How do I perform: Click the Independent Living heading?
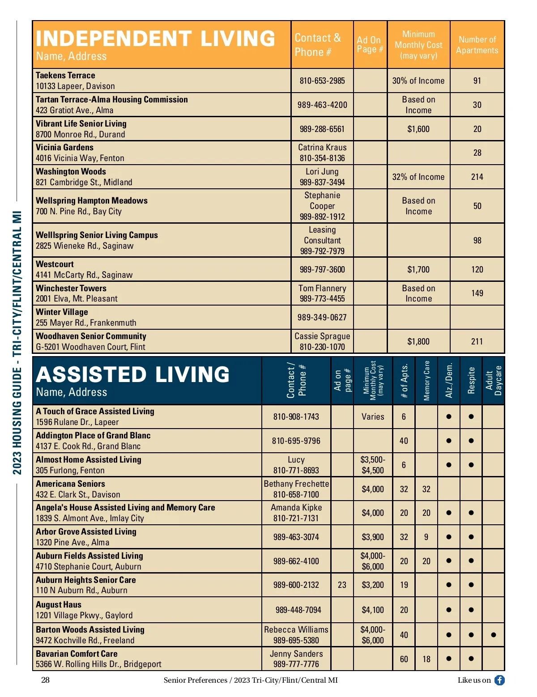(155, 38)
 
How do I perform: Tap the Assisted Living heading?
(132, 374)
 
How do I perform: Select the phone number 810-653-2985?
(322, 81)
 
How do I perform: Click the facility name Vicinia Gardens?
(64, 148)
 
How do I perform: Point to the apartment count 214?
(477, 177)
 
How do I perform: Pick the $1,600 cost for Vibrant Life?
(418, 129)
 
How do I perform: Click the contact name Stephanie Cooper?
(322, 201)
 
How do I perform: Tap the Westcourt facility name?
(55, 264)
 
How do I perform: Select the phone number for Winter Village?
(322, 318)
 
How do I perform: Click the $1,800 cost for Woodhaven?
(418, 342)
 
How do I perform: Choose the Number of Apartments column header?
(477, 45)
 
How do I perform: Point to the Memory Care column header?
(426, 381)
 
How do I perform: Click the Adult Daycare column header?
(494, 381)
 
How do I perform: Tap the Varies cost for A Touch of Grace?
(373, 417)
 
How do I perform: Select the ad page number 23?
(342, 585)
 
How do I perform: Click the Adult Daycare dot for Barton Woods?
(494, 635)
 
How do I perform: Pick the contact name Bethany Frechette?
(296, 484)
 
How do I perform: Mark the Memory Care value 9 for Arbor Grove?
(426, 537)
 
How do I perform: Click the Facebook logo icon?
(499, 680)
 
